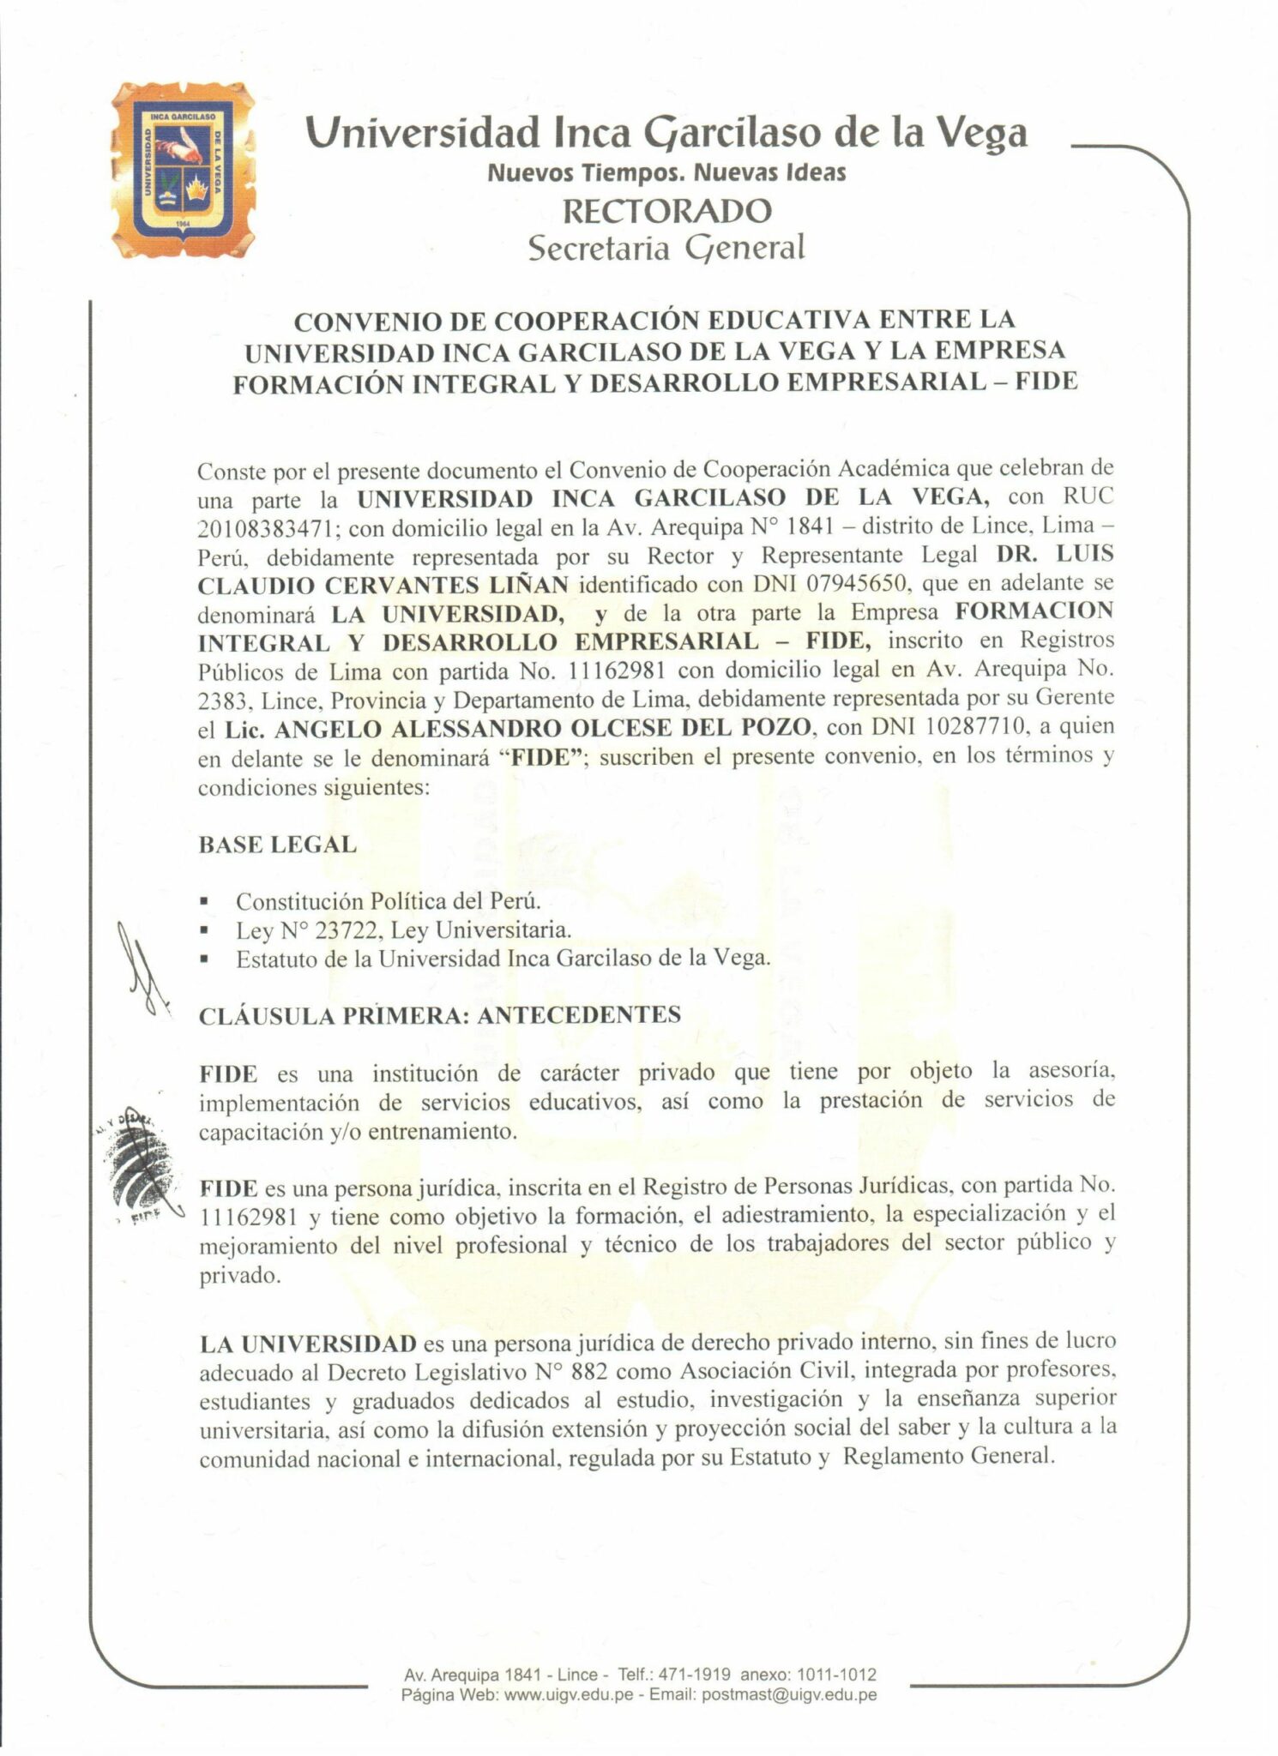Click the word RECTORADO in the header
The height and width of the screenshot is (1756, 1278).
coord(666,211)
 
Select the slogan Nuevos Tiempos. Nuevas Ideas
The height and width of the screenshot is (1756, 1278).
coord(666,172)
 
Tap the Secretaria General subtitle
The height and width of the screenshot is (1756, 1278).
coord(666,248)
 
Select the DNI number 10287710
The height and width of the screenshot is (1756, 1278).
coord(975,728)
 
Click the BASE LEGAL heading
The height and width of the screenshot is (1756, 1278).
coord(277,845)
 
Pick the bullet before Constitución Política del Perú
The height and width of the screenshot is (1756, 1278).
coord(205,902)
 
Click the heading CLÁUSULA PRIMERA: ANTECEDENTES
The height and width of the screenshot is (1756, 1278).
coord(440,1015)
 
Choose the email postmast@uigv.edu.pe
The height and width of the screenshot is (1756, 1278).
coord(788,1694)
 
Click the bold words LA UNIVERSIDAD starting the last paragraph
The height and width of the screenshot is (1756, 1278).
coord(308,1343)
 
